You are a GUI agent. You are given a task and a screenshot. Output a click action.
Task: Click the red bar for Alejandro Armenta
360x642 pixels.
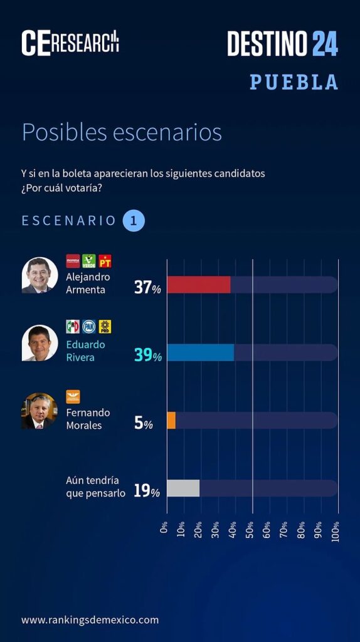(x=199, y=285)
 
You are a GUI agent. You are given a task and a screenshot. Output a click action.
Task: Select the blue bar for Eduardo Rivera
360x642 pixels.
(x=200, y=352)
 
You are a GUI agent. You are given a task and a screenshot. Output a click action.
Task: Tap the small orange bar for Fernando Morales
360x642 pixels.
(x=171, y=421)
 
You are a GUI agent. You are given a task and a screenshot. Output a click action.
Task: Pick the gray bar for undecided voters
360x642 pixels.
(x=183, y=488)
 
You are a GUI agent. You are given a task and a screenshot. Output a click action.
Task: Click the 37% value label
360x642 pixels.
(x=147, y=287)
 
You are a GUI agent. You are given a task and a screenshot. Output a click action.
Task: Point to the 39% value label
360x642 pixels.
(x=148, y=355)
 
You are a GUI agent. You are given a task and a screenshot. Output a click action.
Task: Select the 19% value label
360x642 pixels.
(x=147, y=491)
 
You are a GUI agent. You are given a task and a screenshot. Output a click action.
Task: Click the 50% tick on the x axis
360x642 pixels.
(x=250, y=532)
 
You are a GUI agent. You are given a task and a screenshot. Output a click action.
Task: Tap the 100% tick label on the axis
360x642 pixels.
(x=336, y=532)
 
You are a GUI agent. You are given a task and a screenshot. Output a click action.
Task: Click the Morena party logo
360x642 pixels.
(x=73, y=261)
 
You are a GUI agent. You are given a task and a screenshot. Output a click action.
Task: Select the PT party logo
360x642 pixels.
(x=105, y=261)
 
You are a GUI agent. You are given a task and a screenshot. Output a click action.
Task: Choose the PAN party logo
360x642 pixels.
(x=89, y=326)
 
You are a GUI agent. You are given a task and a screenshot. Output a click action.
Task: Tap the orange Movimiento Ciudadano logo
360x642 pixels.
(x=73, y=396)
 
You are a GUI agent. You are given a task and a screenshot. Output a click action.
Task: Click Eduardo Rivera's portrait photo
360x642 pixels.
(x=40, y=343)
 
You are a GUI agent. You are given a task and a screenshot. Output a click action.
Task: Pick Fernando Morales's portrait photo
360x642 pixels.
(x=40, y=411)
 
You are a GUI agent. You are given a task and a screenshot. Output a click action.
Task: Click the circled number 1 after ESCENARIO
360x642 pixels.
(x=134, y=221)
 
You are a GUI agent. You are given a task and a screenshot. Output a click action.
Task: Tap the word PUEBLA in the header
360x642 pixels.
(x=294, y=82)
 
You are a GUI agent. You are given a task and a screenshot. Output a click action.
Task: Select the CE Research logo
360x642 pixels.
(x=70, y=43)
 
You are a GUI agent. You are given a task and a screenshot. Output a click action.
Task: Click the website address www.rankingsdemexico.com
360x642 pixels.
(x=90, y=620)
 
